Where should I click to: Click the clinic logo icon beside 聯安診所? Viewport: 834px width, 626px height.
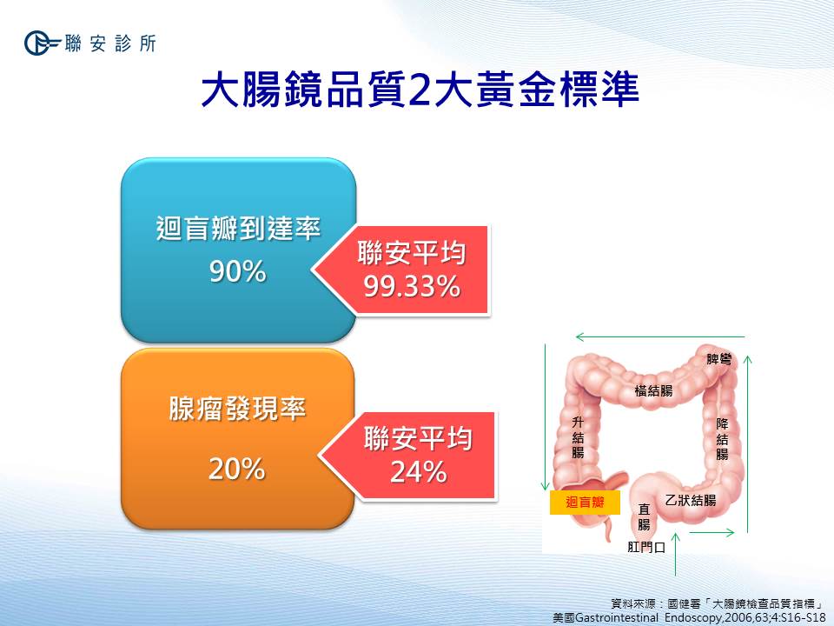click(41, 43)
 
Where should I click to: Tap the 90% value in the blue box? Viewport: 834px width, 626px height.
click(238, 271)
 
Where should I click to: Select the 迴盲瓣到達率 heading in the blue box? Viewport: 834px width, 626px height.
click(238, 229)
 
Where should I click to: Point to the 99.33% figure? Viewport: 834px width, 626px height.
click(412, 286)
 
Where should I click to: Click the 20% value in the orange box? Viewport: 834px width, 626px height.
click(236, 469)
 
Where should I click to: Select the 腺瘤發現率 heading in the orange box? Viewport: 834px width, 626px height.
click(238, 409)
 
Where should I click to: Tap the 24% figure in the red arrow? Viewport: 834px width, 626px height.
click(419, 471)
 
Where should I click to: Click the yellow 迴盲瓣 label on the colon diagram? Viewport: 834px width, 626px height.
click(585, 502)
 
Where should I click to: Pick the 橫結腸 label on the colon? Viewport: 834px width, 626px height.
click(653, 391)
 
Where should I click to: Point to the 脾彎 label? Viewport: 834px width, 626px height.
click(719, 359)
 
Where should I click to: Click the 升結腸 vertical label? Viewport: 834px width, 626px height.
click(579, 437)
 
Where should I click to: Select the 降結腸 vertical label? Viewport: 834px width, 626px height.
click(722, 439)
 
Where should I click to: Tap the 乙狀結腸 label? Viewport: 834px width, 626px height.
click(691, 501)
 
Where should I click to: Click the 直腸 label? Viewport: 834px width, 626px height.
click(644, 517)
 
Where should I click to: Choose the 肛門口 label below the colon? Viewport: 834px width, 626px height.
click(646, 547)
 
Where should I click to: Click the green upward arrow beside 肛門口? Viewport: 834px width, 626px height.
click(676, 554)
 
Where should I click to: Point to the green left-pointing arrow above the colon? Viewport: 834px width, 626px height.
click(660, 336)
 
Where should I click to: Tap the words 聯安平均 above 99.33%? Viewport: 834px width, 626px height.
click(412, 253)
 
